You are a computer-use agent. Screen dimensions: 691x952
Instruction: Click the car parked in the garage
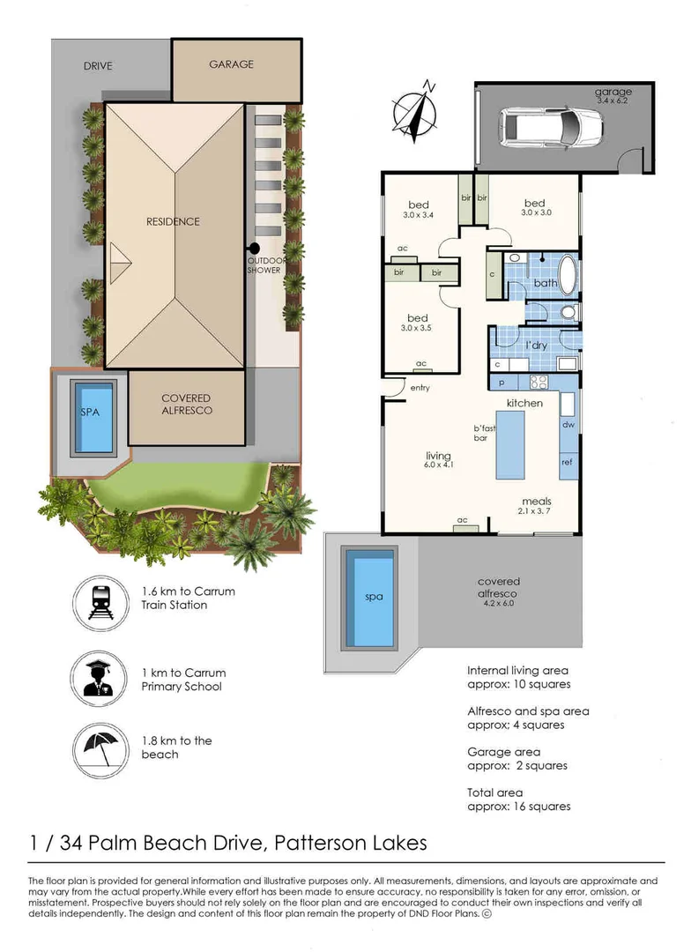click(552, 126)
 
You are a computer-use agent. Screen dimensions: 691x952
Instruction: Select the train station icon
click(100, 604)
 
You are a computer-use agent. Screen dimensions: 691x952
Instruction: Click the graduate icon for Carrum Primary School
click(99, 679)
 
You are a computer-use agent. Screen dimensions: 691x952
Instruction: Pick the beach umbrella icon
click(100, 750)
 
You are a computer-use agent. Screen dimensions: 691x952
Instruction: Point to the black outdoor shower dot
click(255, 248)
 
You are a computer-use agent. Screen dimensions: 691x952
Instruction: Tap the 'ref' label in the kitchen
click(567, 462)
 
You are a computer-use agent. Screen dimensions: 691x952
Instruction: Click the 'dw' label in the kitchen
click(568, 424)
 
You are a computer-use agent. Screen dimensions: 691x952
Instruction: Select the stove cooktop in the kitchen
click(539, 382)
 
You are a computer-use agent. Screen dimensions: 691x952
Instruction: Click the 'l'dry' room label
click(536, 346)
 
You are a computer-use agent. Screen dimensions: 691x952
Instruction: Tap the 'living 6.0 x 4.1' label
click(438, 459)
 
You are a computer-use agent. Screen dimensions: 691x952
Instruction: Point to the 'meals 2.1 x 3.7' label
click(536, 506)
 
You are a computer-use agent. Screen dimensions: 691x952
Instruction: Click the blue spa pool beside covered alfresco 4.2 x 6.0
click(374, 602)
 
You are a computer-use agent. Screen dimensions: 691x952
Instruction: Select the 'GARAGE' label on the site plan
click(231, 64)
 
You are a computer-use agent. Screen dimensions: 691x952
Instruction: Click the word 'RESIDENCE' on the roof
click(173, 221)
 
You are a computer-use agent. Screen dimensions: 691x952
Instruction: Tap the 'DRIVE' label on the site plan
click(99, 66)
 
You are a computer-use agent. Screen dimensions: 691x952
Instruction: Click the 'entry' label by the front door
click(420, 387)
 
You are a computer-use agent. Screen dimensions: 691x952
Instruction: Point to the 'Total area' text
click(494, 792)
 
